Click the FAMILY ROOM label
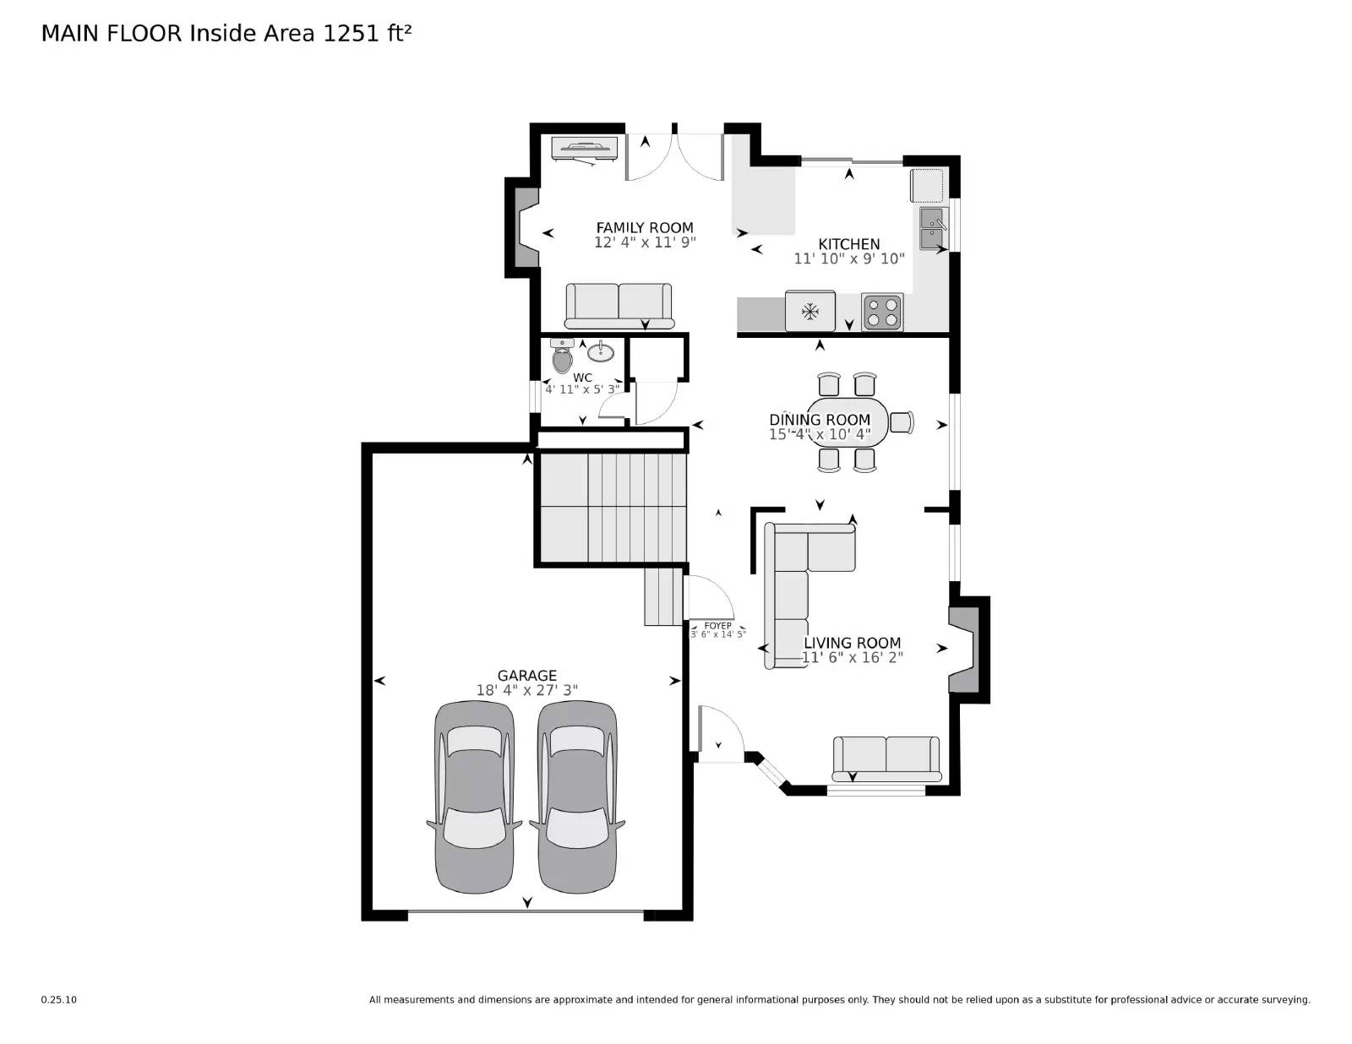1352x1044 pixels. coord(645,228)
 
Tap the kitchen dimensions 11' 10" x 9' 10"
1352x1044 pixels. coord(848,259)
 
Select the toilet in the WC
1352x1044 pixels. coord(563,357)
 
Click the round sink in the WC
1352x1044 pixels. coord(601,351)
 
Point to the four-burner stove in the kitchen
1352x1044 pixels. coord(882,312)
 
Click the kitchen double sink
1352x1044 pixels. coord(934,230)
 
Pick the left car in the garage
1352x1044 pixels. coord(473,797)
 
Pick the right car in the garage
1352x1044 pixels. coord(577,797)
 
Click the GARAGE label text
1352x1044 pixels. coord(526,676)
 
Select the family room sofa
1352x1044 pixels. coord(619,305)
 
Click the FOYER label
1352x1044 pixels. coord(717,626)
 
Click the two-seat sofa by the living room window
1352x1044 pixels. coord(886,757)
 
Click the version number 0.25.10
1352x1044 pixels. coord(59,999)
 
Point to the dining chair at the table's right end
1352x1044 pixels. coord(902,421)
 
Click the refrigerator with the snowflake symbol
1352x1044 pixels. coord(810,312)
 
